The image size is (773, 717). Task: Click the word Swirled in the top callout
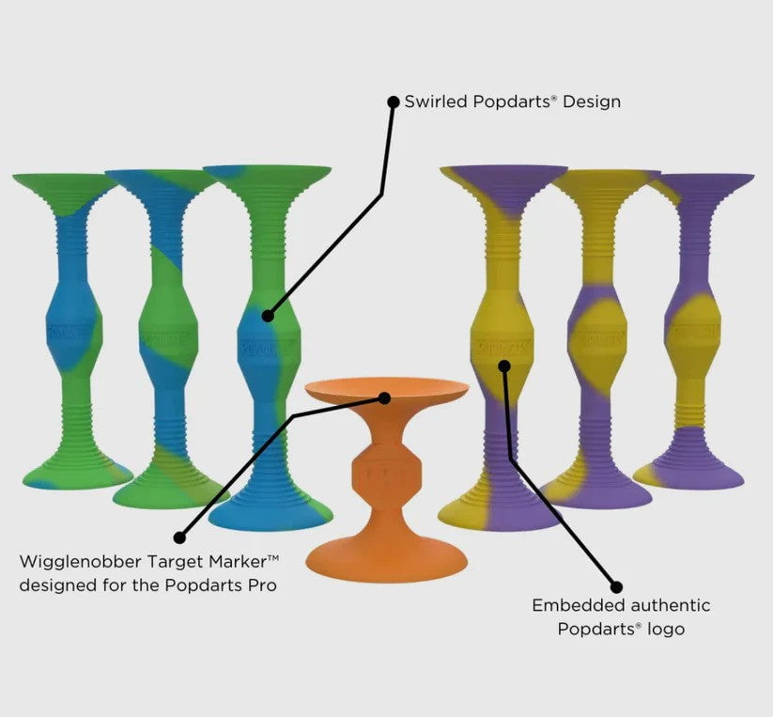click(436, 101)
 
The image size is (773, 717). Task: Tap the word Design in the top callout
click(592, 101)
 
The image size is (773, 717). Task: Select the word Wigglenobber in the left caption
click(81, 562)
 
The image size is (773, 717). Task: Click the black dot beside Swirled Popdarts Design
click(394, 102)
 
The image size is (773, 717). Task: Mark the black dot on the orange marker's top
click(384, 397)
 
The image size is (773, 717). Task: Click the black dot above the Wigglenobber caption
click(180, 538)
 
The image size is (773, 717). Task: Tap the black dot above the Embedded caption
click(616, 586)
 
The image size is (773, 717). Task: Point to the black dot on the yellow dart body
click(503, 366)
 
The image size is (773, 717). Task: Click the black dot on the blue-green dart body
click(268, 316)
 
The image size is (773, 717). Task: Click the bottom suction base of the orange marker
click(387, 556)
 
